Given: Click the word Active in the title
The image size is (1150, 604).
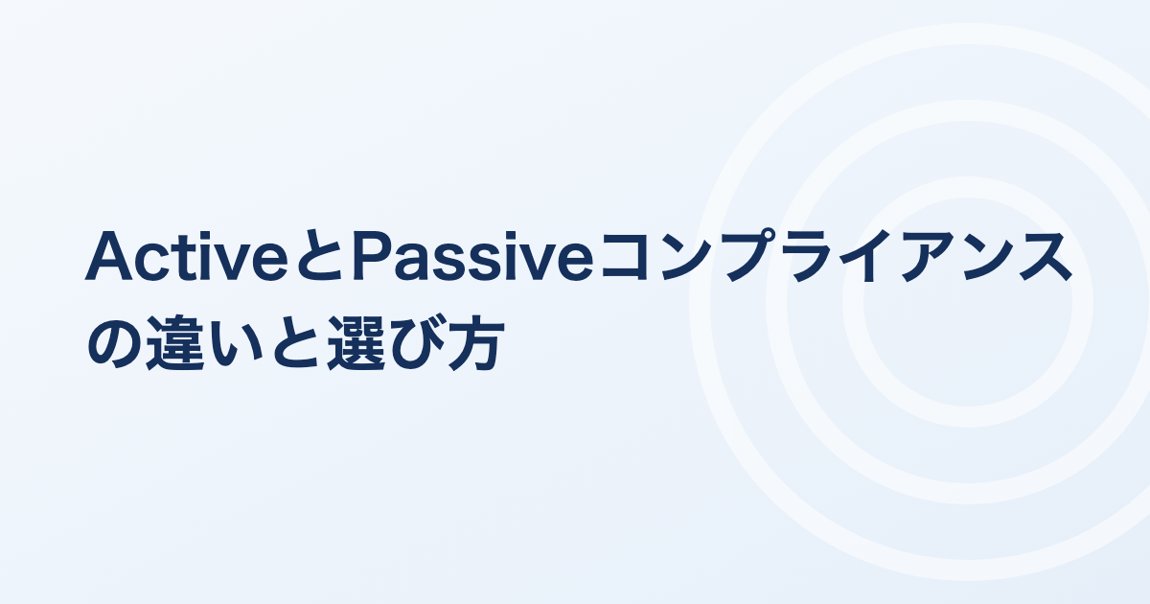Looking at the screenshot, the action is (186, 256).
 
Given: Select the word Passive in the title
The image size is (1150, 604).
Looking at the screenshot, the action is (472, 256).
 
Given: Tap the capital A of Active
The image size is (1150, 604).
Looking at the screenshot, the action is (108, 256).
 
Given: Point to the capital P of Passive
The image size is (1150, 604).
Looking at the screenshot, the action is (372, 256).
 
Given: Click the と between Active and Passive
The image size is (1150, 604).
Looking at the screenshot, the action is (320, 256).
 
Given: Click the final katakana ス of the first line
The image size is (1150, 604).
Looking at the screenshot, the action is (1046, 256).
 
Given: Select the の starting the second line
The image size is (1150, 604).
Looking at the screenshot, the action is (114, 342).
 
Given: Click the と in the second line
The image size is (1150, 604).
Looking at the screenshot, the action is (294, 342).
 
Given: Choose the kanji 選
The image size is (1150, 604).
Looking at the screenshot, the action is (356, 342).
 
